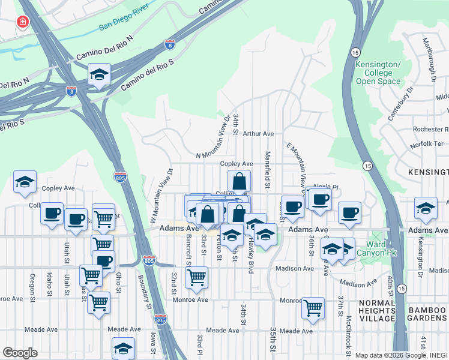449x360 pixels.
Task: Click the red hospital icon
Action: (x=23, y=22)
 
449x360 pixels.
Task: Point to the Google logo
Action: (x=20, y=353)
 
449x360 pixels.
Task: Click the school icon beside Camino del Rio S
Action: (x=99, y=75)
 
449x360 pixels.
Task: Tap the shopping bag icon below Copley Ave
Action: (x=239, y=181)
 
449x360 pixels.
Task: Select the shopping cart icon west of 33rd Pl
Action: (x=196, y=277)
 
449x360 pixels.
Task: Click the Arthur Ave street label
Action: (x=259, y=134)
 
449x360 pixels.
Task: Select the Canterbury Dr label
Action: (x=401, y=104)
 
